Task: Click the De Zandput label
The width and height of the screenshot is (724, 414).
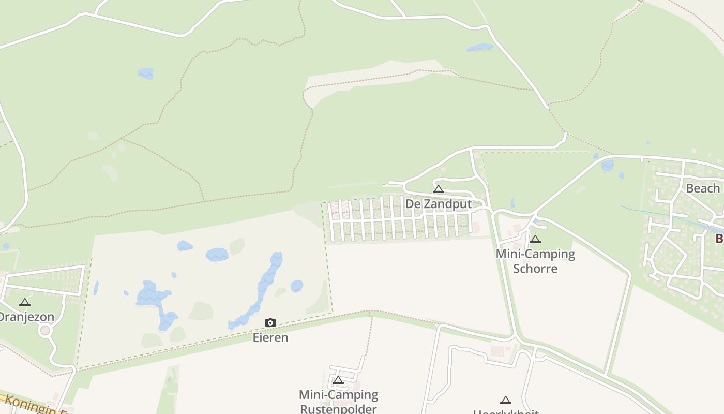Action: coord(439,204)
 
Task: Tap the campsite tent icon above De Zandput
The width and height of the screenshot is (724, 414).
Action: coord(439,189)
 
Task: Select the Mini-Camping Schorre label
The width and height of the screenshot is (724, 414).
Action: coord(535,261)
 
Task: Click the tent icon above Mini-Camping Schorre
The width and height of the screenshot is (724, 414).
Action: coord(535,240)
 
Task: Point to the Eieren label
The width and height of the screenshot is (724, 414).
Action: coord(270,337)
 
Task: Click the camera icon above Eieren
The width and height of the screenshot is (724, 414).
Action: coord(270,323)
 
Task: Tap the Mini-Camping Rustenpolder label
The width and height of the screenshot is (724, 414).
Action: coord(339,402)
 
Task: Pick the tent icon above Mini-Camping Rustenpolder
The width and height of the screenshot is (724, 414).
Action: coord(338,381)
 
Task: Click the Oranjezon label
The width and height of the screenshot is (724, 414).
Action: coord(26,317)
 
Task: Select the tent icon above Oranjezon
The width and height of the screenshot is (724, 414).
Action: coord(25,303)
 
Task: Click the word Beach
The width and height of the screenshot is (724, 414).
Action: coord(702,188)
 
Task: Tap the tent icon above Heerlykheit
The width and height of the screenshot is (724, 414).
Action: coord(506,400)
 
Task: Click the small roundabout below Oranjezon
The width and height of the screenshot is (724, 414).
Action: coord(46,330)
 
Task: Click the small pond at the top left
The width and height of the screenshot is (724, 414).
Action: coord(146,73)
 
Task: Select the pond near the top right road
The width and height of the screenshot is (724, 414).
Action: coord(480,48)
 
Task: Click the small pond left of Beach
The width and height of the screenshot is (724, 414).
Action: coord(608,166)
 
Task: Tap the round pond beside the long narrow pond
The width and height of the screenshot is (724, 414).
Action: coord(297,286)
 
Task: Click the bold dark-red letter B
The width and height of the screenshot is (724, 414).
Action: coord(719,239)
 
